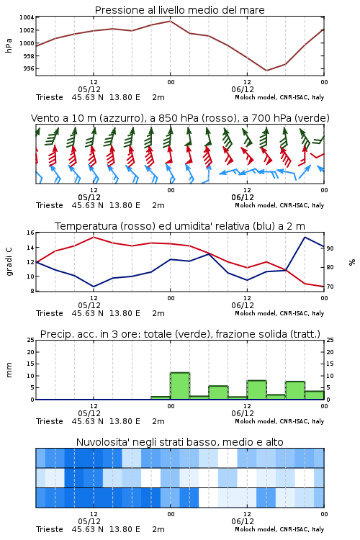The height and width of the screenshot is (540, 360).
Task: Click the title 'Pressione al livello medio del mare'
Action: (179, 10)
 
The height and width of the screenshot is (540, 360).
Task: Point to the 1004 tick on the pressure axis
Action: (27, 17)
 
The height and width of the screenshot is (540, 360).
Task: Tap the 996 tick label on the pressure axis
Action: (29, 68)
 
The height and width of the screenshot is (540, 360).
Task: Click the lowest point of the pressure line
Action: (266, 71)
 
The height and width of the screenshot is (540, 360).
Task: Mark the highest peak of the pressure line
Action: (170, 21)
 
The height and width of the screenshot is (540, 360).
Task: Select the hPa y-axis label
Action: (9, 45)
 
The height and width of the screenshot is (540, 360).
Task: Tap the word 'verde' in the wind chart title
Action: (311, 118)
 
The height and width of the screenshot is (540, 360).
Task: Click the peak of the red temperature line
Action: (94, 237)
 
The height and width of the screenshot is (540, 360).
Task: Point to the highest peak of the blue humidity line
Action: (305, 237)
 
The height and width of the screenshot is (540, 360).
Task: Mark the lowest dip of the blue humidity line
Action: (94, 287)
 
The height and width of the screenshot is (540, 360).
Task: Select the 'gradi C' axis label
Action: (9, 261)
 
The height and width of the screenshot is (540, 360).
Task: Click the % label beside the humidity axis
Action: (352, 262)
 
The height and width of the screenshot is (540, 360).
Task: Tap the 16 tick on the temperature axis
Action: (30, 233)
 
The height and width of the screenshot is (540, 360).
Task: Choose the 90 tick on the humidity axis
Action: (330, 248)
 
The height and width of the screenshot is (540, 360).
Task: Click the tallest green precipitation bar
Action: (180, 386)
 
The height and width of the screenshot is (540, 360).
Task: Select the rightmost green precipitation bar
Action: (314, 395)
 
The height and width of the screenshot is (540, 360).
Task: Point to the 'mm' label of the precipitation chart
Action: (9, 369)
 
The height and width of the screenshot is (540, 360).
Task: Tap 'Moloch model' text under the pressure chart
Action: (256, 97)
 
